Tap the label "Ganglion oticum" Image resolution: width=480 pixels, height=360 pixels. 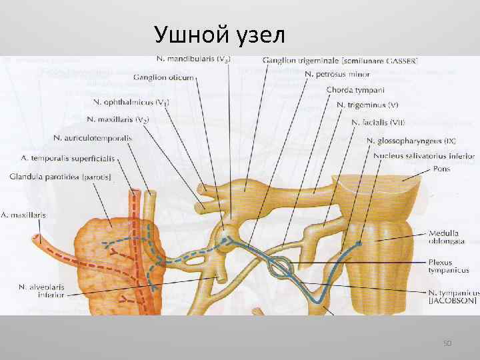[163, 77]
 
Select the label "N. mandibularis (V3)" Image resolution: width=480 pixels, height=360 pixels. [193, 59]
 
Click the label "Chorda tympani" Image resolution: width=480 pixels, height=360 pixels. [355, 89]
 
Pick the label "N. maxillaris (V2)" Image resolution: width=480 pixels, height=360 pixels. [117, 120]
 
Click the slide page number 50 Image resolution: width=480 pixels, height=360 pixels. [447, 343]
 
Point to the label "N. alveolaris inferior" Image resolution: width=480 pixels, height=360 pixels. [42, 291]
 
